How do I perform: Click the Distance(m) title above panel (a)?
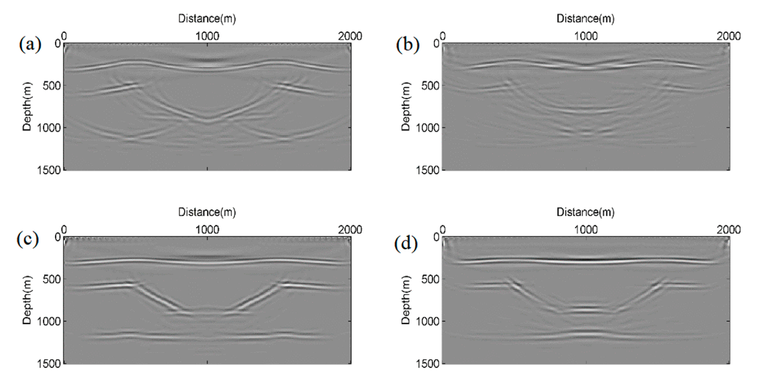click(x=207, y=19)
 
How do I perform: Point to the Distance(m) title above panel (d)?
click(x=586, y=212)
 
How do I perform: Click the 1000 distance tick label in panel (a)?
click(x=207, y=36)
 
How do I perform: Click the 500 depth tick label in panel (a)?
click(x=50, y=85)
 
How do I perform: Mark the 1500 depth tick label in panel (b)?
click(x=427, y=170)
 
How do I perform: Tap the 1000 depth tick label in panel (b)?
click(x=427, y=128)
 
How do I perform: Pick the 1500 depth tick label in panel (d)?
click(x=427, y=364)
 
